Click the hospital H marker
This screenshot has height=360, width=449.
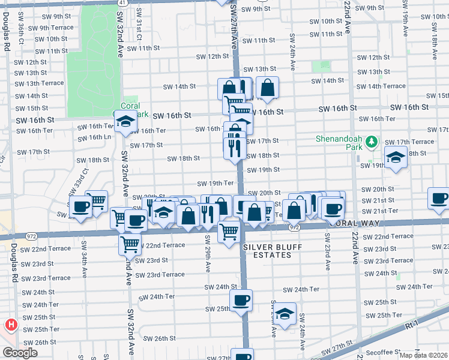point(10,326)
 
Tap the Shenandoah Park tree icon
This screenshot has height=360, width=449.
point(372,142)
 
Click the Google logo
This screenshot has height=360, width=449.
point(19,353)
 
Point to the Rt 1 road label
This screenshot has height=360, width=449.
point(412,323)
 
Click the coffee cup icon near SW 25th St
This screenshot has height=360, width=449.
point(241,301)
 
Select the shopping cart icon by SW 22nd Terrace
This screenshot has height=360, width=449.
point(129,244)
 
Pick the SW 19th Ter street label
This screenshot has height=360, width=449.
point(215,183)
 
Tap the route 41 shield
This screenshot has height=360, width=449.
point(122,2)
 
